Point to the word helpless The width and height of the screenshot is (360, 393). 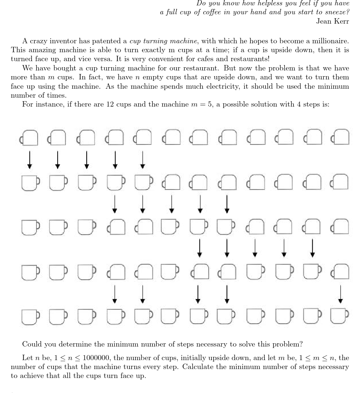(271, 3)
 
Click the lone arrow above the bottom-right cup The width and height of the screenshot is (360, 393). (340, 294)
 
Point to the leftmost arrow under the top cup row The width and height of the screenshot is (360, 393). (30, 160)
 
